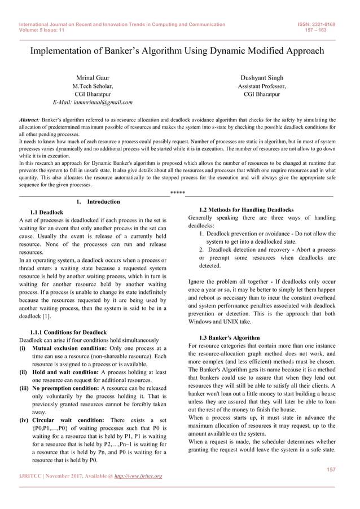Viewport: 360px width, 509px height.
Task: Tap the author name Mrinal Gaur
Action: [93, 77]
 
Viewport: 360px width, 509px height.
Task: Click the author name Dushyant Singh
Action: [262, 77]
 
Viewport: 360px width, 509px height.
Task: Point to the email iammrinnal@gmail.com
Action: [93, 103]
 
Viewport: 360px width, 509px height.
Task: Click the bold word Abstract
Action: [29, 120]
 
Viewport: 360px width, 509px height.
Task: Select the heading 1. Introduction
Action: [98, 201]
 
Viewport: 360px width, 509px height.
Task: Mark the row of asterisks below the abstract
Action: [178, 193]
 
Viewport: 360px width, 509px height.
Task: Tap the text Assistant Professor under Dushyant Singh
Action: [262, 86]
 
